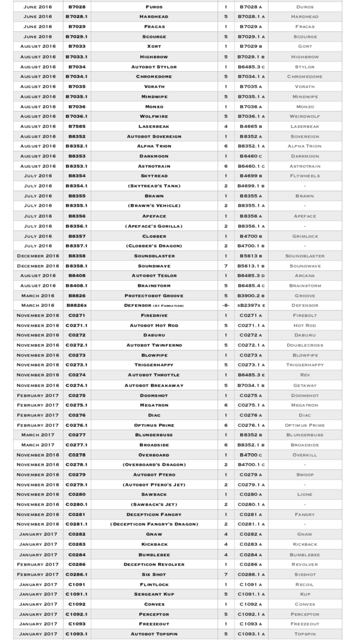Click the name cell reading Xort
coord(154,47)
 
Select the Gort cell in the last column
coord(305,47)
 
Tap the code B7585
coord(77,126)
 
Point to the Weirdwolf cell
coord(305,116)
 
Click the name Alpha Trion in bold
coord(154,146)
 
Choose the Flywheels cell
coord(305,176)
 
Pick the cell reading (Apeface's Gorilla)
coord(154,226)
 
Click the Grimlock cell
coord(305,236)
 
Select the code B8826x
coord(77,306)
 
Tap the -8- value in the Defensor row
coord(226,306)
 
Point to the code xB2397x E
coord(251,306)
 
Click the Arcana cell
coord(305,276)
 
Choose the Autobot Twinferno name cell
coord(154,345)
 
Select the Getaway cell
coord(305,385)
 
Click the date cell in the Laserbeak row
coord(38,126)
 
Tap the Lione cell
coord(305,495)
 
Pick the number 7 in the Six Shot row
coord(226,574)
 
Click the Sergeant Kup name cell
coord(154,594)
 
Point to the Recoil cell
coord(305,584)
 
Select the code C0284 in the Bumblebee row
coord(77,555)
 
